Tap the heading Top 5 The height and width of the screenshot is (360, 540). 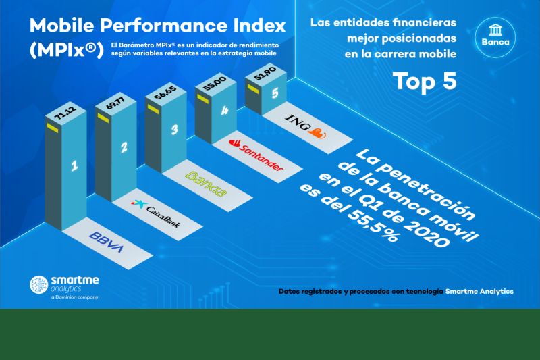coord(425,80)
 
